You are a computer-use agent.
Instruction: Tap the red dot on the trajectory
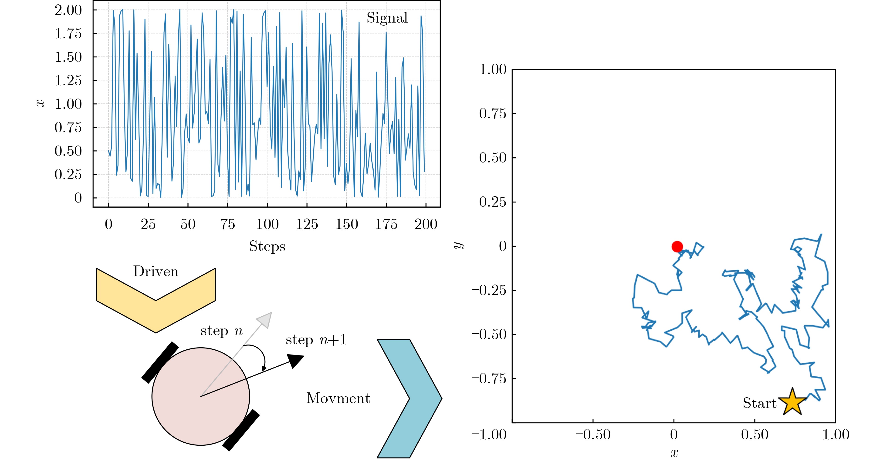(677, 246)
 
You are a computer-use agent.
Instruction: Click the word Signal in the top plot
(387, 18)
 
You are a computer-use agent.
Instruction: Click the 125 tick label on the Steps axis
(307, 224)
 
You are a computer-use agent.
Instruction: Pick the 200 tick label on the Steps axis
(426, 224)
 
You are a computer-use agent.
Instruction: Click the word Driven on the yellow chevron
(156, 272)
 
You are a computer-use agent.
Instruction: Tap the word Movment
(338, 398)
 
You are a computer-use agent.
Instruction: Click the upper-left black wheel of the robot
(160, 362)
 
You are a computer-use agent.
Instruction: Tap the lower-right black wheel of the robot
(241, 430)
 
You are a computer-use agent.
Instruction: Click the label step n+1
(316, 340)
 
